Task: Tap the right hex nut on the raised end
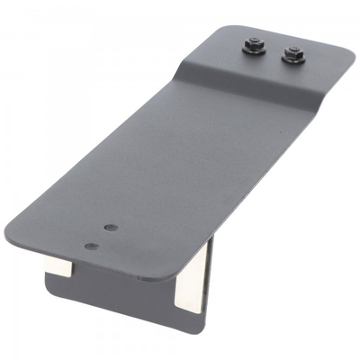pyautogui.click(x=293, y=54)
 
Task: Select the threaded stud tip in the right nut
pyautogui.click(x=293, y=51)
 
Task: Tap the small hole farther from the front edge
pyautogui.click(x=109, y=229)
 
